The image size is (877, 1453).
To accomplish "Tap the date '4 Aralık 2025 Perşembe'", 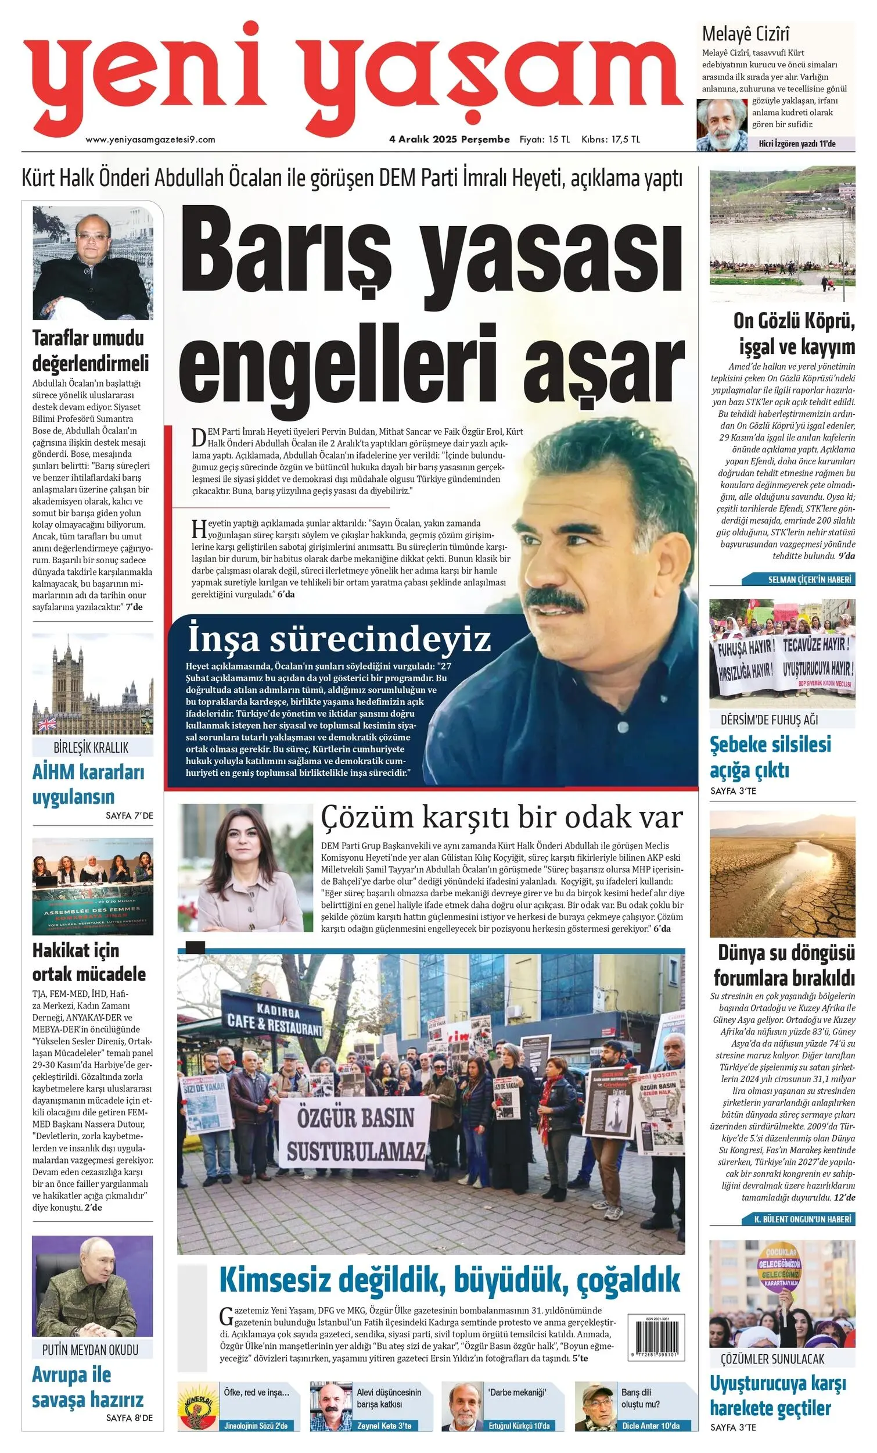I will click(x=449, y=139).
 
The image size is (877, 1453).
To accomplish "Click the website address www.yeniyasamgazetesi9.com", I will click(x=150, y=139).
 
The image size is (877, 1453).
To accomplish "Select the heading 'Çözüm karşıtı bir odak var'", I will click(x=502, y=818).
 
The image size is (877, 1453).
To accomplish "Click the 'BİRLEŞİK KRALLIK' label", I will click(x=91, y=748).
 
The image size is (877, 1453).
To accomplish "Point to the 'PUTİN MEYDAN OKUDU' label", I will click(x=90, y=1350).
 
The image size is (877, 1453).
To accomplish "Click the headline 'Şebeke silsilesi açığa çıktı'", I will click(x=770, y=757).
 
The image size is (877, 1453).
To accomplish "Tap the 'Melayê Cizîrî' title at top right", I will click(x=746, y=34).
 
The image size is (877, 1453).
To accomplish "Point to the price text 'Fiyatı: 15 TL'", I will click(x=544, y=139).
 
